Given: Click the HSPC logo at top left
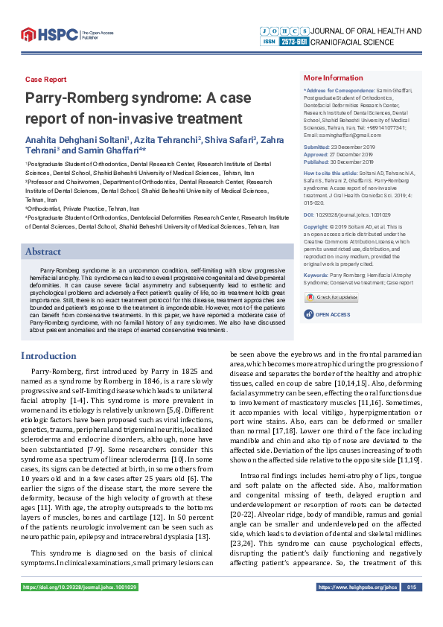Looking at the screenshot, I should click(50, 34).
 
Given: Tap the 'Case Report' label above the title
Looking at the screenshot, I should click(45, 80).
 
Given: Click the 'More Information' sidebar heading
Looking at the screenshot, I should click(333, 78).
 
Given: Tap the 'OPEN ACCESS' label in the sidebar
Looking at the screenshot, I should click(332, 315).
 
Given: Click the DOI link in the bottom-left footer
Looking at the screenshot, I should click(80, 608).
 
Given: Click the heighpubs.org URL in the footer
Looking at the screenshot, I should click(357, 608).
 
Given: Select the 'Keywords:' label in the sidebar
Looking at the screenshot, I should click(317, 276).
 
